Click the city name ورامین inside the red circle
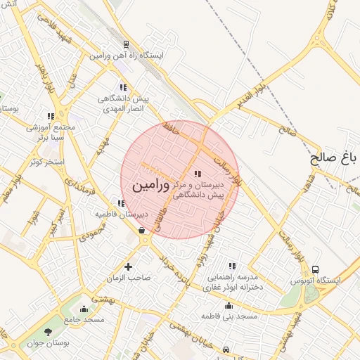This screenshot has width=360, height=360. point(150,186)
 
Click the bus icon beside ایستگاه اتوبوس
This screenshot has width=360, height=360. point(316,269)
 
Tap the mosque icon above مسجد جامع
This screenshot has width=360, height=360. point(84,308)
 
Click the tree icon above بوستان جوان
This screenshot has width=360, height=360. point(48,332)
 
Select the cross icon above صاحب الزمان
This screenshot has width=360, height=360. point(128,266)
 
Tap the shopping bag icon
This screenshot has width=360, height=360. point(143,229)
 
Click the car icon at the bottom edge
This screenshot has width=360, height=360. point(225,349)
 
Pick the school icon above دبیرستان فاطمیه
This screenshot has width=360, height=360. point(122,203)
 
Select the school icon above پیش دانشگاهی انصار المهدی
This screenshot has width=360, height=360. point(123,87)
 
